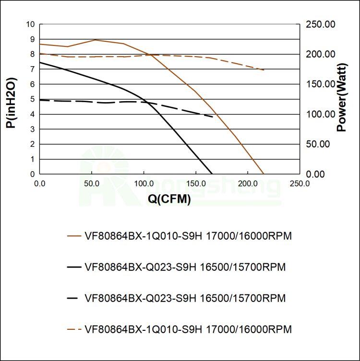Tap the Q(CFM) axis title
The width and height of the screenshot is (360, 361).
point(169,199)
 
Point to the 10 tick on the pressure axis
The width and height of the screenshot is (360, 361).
point(31,24)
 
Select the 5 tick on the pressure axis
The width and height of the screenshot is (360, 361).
point(33,99)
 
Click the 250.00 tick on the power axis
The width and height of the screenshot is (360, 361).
point(320,24)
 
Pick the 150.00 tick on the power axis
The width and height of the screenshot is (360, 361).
point(320,84)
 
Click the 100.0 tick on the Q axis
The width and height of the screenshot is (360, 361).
point(144,184)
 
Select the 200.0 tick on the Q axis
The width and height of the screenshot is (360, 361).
point(247,184)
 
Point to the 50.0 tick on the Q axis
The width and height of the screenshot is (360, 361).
point(92,184)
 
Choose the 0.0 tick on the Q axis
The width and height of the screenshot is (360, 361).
point(40,184)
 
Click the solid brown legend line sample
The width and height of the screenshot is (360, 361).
point(74,236)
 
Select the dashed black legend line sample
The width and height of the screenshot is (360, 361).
point(74,298)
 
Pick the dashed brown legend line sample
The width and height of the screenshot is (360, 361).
point(74,329)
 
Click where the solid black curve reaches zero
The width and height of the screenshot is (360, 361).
point(212,174)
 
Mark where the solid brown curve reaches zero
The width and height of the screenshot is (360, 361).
point(264,174)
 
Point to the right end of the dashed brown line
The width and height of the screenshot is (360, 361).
point(264,70)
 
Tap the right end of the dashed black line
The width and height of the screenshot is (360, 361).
point(213,116)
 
